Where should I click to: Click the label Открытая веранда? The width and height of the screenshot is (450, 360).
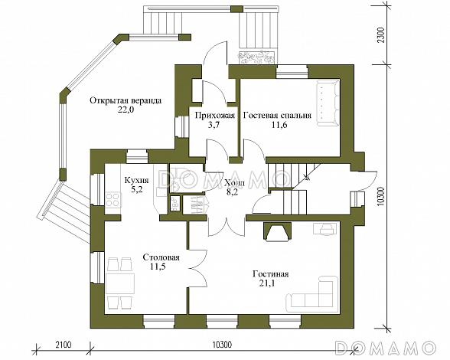tap(126, 101)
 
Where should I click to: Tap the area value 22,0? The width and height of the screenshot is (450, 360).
tap(126, 110)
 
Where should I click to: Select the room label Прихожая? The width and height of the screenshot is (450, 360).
tap(215, 116)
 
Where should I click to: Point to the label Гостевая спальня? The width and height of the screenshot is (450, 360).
tap(277, 116)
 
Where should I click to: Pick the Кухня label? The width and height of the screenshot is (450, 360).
tap(136, 181)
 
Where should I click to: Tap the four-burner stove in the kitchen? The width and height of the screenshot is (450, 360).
tap(112, 199)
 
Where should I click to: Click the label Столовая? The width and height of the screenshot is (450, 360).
tap(161, 257)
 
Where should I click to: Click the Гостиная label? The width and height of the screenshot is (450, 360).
tap(270, 274)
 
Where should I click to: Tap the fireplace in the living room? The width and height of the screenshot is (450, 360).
tap(278, 231)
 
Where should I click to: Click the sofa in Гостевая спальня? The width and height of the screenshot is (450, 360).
tap(328, 103)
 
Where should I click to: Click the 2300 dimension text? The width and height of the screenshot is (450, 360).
tap(380, 35)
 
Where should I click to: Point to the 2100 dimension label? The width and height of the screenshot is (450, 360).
tap(63, 344)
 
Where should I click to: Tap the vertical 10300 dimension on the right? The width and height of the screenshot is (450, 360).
tap(381, 197)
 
